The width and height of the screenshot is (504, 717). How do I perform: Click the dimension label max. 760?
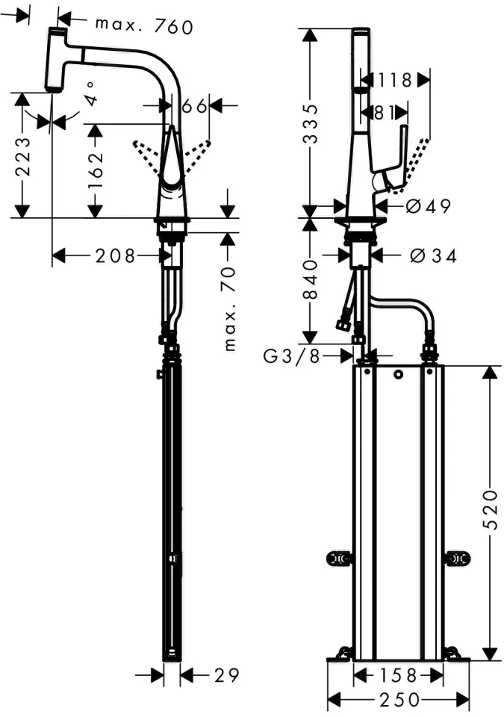(144, 27)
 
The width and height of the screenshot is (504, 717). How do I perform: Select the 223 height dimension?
(23, 157)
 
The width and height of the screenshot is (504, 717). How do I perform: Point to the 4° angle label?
(92, 94)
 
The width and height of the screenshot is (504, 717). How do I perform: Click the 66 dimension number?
(194, 106)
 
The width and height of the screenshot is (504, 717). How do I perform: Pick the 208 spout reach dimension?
(115, 255)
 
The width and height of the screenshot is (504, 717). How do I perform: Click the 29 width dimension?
(227, 675)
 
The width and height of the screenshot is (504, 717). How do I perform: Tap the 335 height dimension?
(311, 124)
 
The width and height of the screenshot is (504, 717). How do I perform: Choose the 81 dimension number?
(385, 113)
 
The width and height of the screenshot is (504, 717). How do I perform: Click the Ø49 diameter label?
(429, 207)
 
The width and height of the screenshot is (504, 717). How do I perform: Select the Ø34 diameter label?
(433, 256)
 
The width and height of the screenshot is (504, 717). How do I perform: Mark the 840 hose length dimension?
(311, 279)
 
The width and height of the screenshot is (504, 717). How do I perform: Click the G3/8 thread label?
(292, 356)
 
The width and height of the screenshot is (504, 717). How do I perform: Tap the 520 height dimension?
(491, 510)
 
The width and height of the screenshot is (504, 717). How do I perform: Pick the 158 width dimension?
(399, 675)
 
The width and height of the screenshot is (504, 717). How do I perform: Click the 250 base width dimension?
(399, 699)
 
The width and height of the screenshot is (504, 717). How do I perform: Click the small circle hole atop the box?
(399, 374)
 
